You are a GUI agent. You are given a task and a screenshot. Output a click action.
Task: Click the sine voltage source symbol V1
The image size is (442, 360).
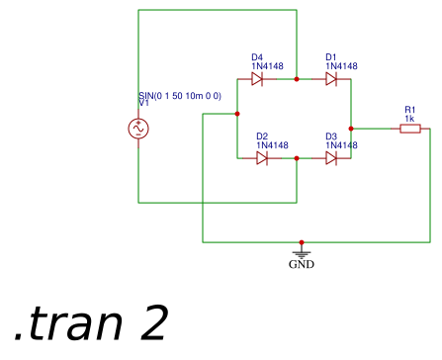pos(138,129)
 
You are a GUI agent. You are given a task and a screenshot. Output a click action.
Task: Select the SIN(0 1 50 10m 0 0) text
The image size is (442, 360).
pos(180,95)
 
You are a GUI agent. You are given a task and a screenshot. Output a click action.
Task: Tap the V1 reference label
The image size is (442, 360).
pos(144,103)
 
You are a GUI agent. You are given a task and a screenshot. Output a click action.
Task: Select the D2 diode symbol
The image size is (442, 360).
pos(262,158)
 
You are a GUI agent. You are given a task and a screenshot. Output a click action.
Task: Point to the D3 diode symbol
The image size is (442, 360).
pos(331,158)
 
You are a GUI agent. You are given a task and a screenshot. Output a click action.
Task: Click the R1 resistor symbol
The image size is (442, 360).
pos(410,129)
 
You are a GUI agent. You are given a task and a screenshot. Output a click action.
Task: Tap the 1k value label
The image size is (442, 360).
pos(408,119)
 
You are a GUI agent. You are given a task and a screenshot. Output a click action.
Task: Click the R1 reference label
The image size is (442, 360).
pos(410,110)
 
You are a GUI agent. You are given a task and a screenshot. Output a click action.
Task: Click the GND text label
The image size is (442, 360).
pos(302,265)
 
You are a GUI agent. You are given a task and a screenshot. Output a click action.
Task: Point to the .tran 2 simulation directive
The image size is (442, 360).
pos(91,323)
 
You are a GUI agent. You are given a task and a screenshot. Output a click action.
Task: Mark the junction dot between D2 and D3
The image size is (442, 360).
pos(297,158)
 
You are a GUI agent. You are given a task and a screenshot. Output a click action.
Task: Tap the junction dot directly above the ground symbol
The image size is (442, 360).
pos(302,242)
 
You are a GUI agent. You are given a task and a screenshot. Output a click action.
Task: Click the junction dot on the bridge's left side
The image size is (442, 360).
pos(237,114)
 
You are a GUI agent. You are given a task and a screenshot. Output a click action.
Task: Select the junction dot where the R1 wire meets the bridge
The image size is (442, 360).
pos(351,129)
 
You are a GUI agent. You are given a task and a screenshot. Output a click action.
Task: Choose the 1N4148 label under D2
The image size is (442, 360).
pos(272,145)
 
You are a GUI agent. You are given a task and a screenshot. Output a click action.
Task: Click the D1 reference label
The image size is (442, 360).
pos(331,57)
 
